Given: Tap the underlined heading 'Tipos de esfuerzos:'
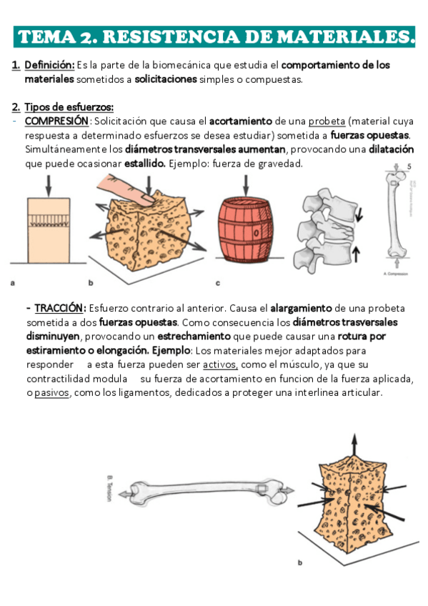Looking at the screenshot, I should [69, 107].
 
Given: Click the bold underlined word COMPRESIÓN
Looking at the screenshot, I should [56, 121].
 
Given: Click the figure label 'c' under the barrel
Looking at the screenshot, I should [217, 283].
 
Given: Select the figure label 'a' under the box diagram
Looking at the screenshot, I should [13, 283].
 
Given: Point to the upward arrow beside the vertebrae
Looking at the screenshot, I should [357, 252].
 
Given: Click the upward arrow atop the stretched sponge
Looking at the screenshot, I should [353, 445].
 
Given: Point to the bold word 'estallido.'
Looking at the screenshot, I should [144, 164].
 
